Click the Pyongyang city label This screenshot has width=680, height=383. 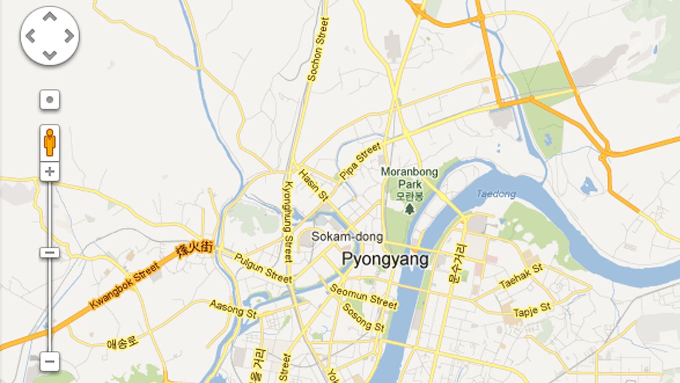tap(385, 259)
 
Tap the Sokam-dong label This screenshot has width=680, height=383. tap(347, 237)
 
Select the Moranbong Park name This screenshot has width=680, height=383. tap(409, 178)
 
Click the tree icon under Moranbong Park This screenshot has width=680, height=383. tap(409, 209)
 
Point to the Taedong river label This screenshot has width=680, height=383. tap(496, 194)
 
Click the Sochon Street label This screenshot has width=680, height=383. tap(318, 49)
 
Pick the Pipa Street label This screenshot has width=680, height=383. tap(360, 161)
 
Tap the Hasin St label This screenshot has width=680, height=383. tap(314, 185)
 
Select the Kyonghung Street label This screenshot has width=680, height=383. tap(288, 221)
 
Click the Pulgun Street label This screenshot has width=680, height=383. tap(263, 268)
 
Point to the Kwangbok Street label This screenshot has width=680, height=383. tap(124, 286)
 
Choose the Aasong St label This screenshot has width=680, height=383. tap(233, 309)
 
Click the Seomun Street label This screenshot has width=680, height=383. tap(363, 297)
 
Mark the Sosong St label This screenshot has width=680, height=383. tap(363, 317)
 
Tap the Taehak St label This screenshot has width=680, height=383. tap(521, 276)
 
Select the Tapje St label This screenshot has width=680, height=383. tap(532, 310)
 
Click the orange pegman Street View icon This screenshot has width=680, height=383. tap(50, 143)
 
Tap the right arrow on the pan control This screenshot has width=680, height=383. tap(69, 36)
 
